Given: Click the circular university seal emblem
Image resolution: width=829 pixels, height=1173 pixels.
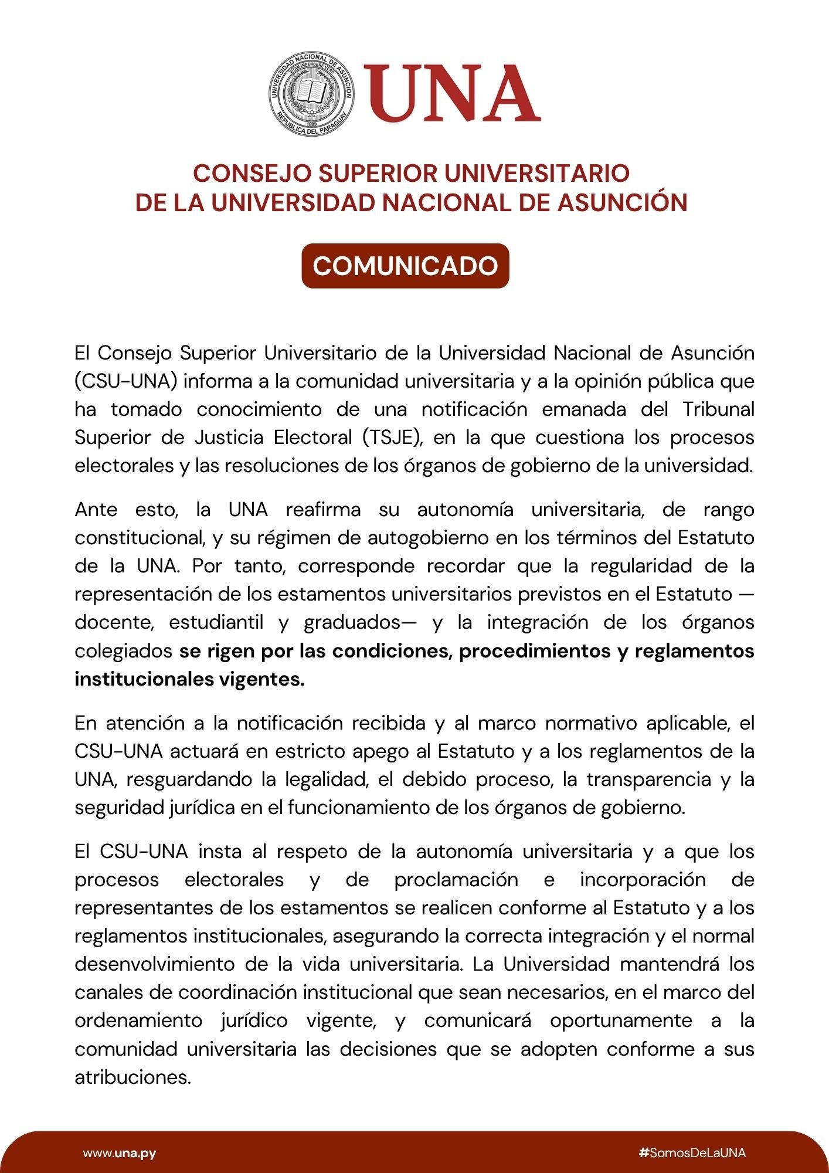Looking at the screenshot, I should (x=311, y=94).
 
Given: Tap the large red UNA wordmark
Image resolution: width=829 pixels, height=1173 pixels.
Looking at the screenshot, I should (x=451, y=94).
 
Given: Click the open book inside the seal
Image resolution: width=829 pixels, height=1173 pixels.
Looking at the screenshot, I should (x=311, y=92).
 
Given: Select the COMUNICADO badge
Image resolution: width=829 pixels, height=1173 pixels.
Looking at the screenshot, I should (x=405, y=266).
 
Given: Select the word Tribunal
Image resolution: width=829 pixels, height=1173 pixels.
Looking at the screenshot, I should (x=718, y=409).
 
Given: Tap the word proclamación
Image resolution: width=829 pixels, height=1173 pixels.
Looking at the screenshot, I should (x=456, y=880).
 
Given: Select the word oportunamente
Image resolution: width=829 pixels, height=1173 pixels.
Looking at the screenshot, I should (x=620, y=1021).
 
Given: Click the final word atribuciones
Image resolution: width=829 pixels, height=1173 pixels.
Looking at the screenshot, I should (x=132, y=1077).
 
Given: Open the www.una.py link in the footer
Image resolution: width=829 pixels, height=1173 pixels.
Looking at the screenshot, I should (x=120, y=1153).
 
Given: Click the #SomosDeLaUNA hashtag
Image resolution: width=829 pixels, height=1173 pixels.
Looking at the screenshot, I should (x=692, y=1153).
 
